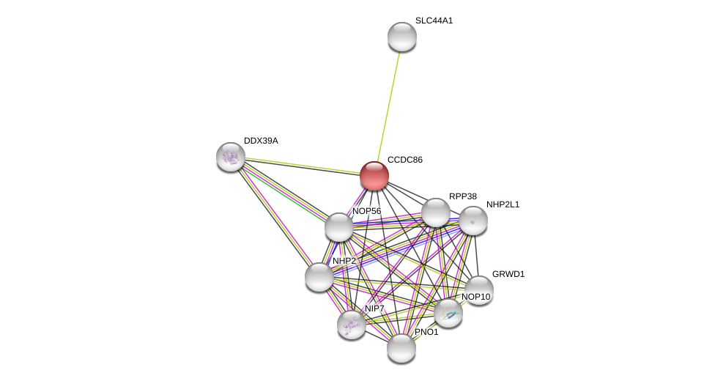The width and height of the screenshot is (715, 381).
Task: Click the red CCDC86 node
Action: (x=374, y=176)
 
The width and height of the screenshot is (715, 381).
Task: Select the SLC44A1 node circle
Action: (x=401, y=37)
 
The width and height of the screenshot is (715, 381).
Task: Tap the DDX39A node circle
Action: (x=231, y=156)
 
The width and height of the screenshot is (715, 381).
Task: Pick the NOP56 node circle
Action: (x=339, y=227)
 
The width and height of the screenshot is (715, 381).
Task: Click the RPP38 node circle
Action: (x=435, y=212)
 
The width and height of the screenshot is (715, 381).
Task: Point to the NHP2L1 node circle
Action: (x=473, y=221)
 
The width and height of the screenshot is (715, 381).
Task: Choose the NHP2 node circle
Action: (x=319, y=277)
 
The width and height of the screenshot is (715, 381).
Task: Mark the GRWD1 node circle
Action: (x=479, y=289)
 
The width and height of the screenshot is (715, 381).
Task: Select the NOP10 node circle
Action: (x=448, y=313)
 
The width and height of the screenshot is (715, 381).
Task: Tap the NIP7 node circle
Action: (x=352, y=324)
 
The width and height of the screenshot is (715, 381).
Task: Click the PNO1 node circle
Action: (x=401, y=348)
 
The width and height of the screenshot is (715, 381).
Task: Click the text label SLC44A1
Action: (x=434, y=21)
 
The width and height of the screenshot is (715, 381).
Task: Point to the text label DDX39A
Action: (x=261, y=141)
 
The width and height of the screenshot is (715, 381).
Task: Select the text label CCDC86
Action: (x=404, y=160)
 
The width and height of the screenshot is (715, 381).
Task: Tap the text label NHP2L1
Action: (x=503, y=204)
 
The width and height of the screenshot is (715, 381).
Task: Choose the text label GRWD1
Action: (x=508, y=274)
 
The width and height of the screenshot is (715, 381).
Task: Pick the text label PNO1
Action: (x=426, y=332)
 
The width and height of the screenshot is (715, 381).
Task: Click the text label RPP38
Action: (x=462, y=196)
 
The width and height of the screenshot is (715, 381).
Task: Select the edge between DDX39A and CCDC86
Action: (x=300, y=166)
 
